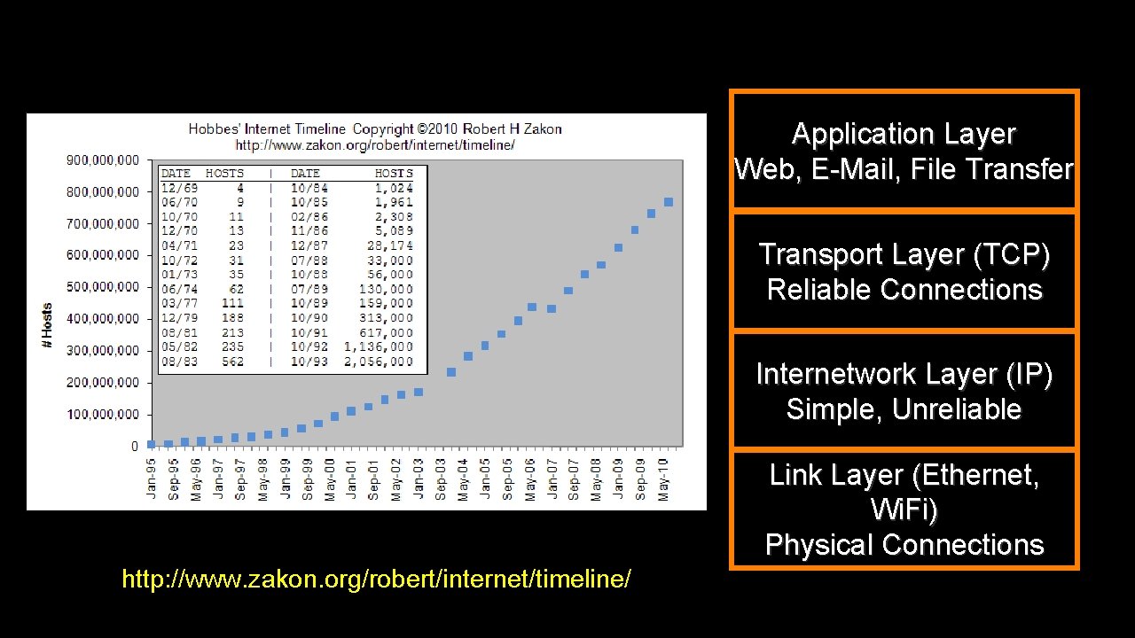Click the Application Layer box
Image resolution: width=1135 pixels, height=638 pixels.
tap(904, 150)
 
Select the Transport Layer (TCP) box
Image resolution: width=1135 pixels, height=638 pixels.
tap(904, 271)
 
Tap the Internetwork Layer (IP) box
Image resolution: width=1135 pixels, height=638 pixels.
tap(904, 391)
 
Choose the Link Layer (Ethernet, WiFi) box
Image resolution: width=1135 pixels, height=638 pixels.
tap(904, 510)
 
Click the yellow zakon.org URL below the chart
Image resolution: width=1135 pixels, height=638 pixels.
tap(376, 580)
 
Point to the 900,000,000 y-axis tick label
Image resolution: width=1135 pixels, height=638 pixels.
tap(104, 160)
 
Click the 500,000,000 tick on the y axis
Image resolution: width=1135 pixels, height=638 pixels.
tap(104, 287)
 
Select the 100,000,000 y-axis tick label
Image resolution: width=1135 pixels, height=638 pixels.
tap(104, 415)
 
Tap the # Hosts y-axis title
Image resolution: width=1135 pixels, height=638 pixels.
tap(47, 325)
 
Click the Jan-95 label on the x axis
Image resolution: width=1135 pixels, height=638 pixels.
tap(152, 478)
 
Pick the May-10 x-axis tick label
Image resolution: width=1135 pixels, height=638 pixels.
tap(662, 478)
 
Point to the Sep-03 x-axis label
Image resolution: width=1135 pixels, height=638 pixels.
tap(441, 478)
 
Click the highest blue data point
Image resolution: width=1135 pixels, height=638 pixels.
tap(669, 202)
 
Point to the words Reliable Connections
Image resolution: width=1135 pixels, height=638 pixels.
tap(904, 290)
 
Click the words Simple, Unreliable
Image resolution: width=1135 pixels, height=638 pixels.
tap(904, 409)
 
